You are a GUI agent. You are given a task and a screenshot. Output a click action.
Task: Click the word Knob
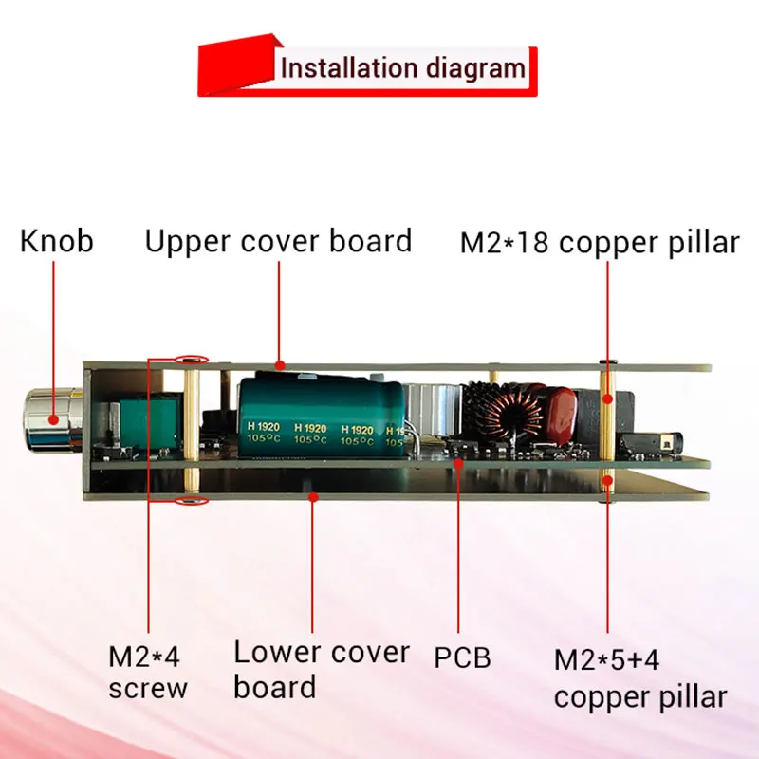point(57,241)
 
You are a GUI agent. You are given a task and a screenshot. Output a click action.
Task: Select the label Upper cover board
point(278,241)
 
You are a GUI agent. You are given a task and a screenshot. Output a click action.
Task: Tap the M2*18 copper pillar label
point(599,243)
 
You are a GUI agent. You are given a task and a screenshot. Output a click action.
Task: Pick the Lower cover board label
point(322,669)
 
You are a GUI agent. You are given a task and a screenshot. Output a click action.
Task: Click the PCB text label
point(463,657)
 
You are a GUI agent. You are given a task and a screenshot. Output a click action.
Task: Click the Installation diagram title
point(402,68)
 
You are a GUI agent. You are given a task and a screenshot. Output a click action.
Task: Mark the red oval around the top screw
point(193,361)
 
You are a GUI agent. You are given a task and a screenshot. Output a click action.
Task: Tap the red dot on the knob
point(53,418)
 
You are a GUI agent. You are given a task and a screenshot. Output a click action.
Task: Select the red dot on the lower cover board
point(313,494)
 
